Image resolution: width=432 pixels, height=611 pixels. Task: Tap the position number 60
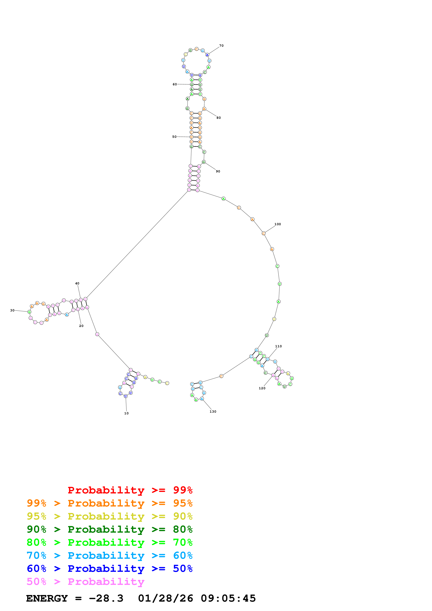pos(175,84)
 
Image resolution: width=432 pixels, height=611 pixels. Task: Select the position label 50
pos(174,137)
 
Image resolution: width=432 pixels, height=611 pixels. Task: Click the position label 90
pos(218,171)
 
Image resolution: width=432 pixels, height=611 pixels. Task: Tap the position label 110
pos(278,346)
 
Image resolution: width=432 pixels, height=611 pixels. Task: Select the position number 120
pos(262,388)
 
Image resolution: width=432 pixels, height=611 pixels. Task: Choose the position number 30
pos(12,311)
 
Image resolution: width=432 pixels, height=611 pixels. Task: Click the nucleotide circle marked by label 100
pos(263,234)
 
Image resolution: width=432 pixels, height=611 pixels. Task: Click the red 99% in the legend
pos(183,490)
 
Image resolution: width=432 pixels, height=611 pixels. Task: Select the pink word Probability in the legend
pos(106,582)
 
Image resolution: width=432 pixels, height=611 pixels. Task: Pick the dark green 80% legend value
pos(183,529)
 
